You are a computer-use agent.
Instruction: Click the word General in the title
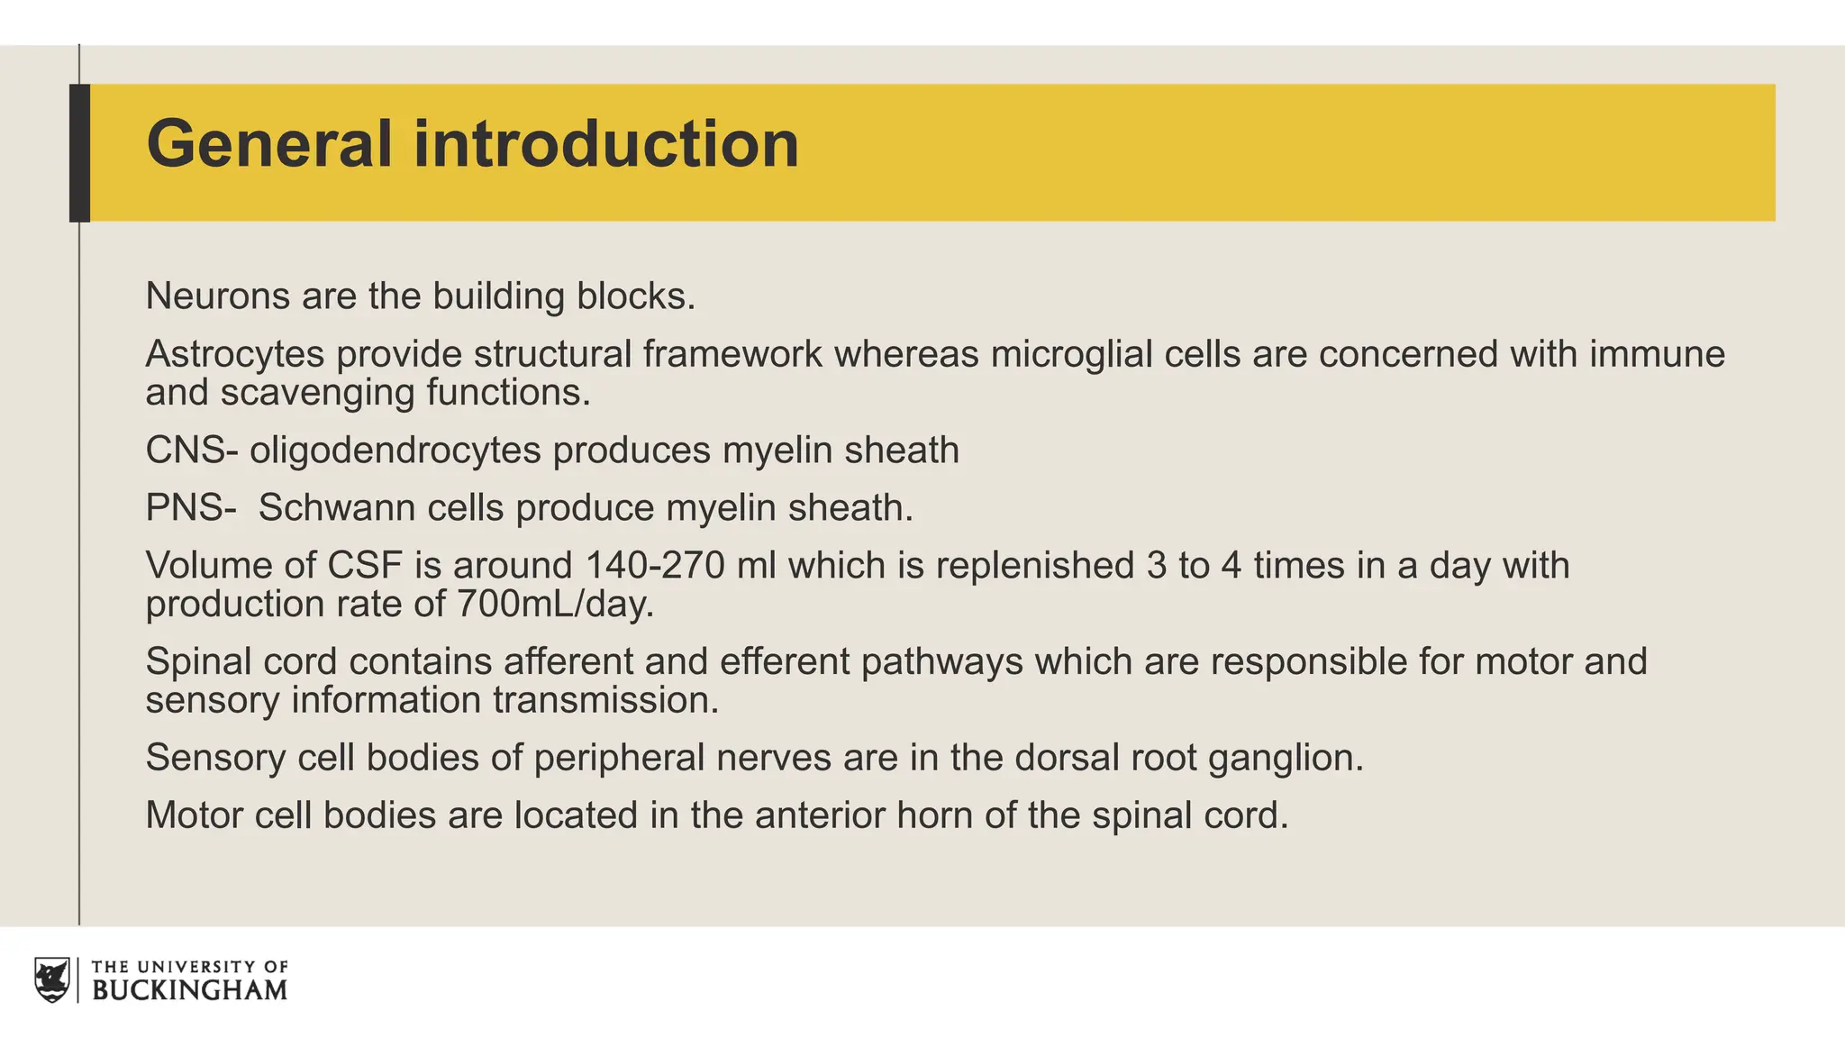tap(268, 144)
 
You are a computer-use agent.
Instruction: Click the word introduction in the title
tap(605, 144)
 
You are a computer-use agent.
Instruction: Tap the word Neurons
tap(217, 296)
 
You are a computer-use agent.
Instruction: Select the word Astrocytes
tap(234, 354)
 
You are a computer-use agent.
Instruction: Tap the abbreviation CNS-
tap(191, 451)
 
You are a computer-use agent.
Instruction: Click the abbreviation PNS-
tap(190, 508)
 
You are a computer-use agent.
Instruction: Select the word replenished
tap(1035, 566)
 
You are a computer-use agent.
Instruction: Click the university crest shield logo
tap(52, 980)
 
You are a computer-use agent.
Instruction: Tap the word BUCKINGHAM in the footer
tap(189, 990)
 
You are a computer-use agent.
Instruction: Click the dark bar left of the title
tap(79, 153)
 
